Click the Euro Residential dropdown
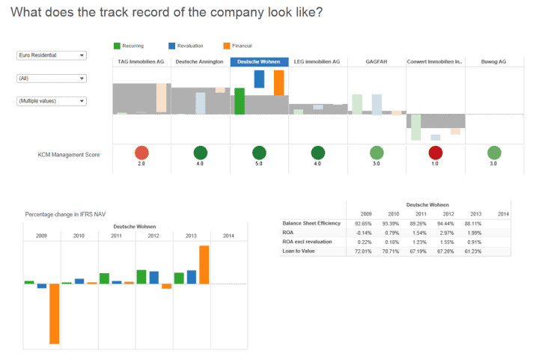(51, 55)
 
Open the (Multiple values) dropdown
(51, 101)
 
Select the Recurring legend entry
(133, 46)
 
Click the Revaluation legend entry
(189, 46)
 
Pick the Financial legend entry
(241, 46)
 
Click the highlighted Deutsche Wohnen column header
(259, 62)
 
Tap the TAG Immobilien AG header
(141, 62)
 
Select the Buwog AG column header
(493, 62)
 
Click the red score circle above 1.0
(435, 153)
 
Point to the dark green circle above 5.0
(259, 153)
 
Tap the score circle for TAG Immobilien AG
(141, 153)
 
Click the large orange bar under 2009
(54, 314)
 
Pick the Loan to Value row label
(299, 251)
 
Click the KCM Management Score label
(69, 155)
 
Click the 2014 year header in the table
(504, 215)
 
